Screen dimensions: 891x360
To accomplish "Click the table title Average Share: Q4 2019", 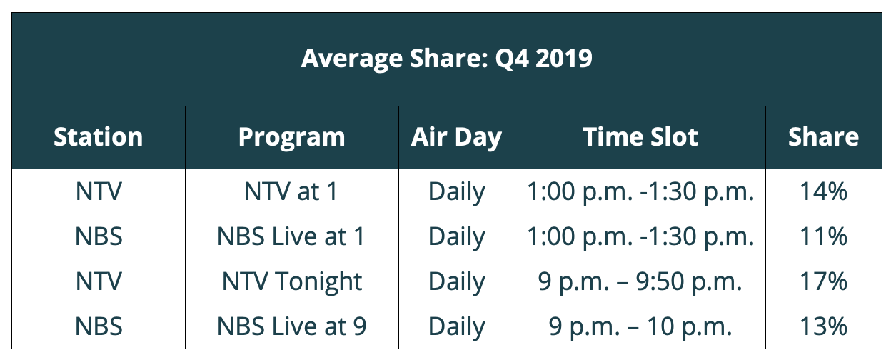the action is click(x=447, y=59).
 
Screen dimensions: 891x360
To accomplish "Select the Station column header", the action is click(x=99, y=137).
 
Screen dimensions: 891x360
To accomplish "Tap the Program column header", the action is click(x=291, y=138).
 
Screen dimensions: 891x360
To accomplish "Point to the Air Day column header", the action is click(x=456, y=138).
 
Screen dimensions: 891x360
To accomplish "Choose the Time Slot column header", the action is click(x=640, y=137).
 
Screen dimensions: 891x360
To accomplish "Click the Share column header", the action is click(x=823, y=137).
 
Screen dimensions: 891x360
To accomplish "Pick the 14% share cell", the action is click(x=823, y=191).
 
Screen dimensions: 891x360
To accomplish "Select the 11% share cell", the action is click(x=823, y=236).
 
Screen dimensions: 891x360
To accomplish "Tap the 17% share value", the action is click(x=823, y=281).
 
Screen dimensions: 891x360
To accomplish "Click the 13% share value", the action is click(x=823, y=326).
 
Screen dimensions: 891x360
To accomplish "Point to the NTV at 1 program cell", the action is click(x=291, y=191).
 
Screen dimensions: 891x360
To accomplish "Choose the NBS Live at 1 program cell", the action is click(x=291, y=236).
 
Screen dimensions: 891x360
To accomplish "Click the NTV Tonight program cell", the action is click(x=291, y=282).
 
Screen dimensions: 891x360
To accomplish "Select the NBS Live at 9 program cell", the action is click(x=291, y=326).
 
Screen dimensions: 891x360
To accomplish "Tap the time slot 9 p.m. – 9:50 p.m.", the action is click(x=640, y=282).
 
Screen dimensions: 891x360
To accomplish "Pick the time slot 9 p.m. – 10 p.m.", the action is click(x=640, y=327).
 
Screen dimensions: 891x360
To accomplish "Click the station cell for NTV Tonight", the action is click(x=99, y=281).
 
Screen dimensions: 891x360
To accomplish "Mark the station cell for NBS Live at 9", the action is click(x=99, y=326).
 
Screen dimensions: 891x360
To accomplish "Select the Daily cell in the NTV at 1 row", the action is click(x=456, y=192).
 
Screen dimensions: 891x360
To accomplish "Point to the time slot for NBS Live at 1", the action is click(x=640, y=237).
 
